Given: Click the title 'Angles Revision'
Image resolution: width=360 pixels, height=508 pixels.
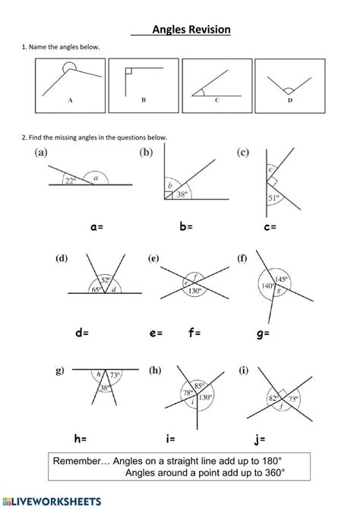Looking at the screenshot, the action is pyautogui.click(x=191, y=30).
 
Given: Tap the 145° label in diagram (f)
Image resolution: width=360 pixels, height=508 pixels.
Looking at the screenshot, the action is pyautogui.click(x=281, y=278).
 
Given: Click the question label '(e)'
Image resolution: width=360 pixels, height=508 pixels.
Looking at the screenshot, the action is pyautogui.click(x=154, y=259).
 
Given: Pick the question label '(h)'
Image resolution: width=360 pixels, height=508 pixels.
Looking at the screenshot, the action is pyautogui.click(x=155, y=371).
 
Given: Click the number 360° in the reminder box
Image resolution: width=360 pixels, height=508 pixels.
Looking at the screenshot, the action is pyautogui.click(x=271, y=473).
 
